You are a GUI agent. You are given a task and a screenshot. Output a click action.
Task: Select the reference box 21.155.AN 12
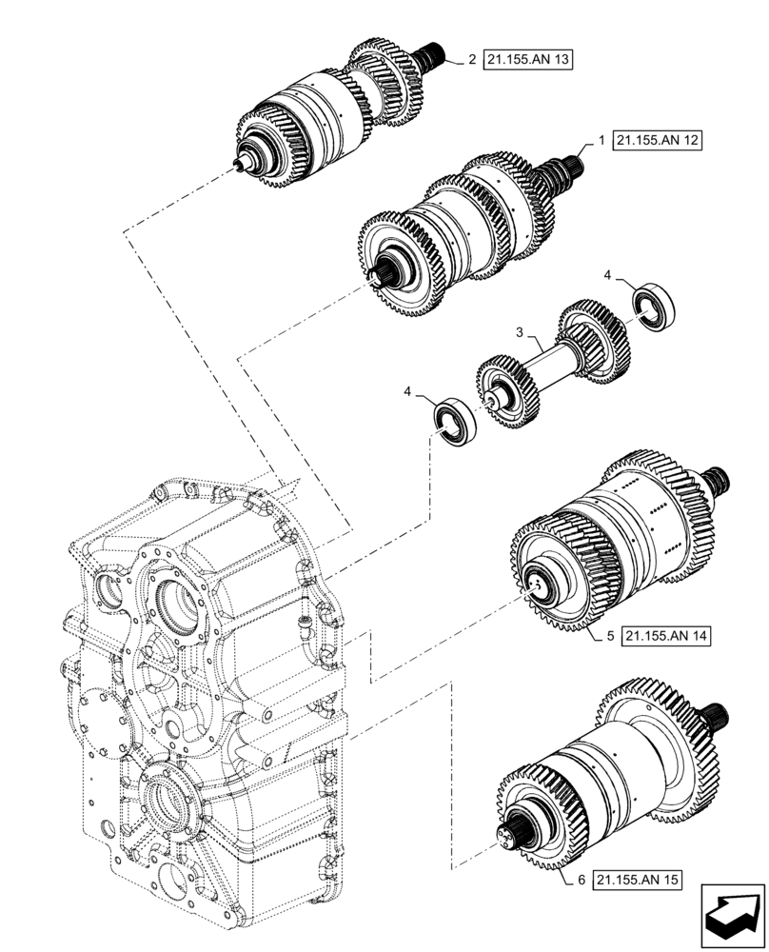(657, 141)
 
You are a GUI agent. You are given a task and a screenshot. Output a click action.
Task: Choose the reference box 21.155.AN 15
(639, 881)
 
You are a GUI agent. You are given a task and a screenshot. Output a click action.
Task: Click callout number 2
(472, 59)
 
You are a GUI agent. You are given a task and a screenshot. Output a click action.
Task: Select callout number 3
(520, 332)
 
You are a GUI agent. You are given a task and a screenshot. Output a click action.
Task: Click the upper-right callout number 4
(607, 275)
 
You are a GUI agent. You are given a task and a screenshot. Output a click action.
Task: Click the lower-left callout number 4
(408, 391)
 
